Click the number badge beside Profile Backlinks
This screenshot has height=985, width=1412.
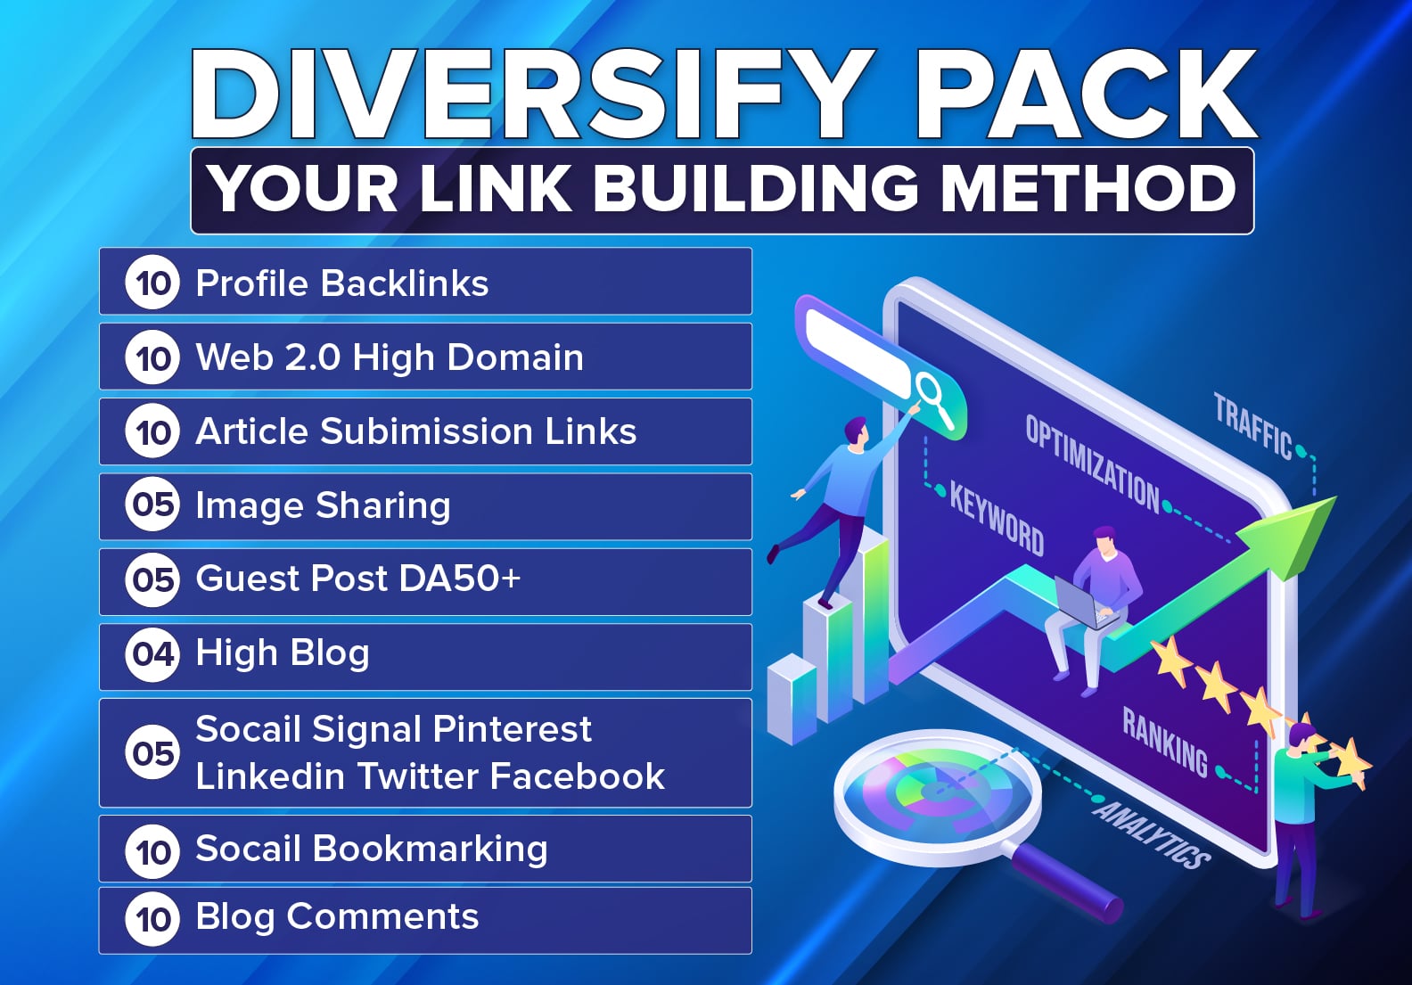click(152, 283)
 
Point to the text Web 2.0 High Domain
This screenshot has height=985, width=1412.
click(390, 357)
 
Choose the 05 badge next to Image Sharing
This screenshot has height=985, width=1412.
click(152, 505)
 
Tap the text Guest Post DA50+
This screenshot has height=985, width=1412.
click(357, 579)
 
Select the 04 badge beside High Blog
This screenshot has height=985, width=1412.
click(152, 653)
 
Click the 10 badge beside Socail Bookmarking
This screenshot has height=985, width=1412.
click(152, 850)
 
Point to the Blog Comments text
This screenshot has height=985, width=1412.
click(337, 917)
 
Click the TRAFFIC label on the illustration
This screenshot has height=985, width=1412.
click(1252, 428)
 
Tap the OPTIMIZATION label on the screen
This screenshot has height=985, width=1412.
click(1092, 464)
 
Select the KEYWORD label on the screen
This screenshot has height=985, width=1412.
click(996, 518)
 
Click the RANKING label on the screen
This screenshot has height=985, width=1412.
click(1164, 742)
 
